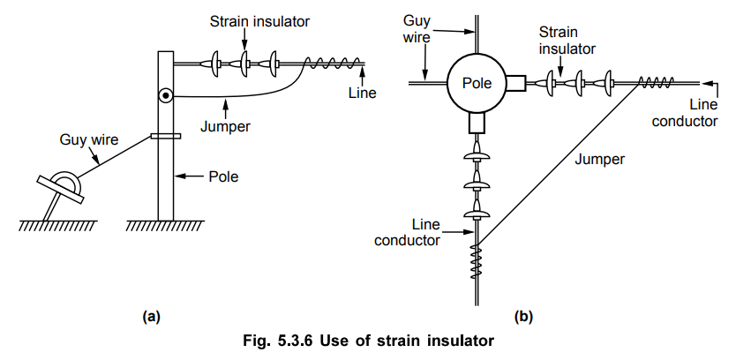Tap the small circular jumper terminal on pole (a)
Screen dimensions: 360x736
click(164, 95)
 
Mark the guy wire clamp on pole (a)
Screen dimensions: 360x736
click(166, 136)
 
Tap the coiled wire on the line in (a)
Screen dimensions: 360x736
click(333, 63)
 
